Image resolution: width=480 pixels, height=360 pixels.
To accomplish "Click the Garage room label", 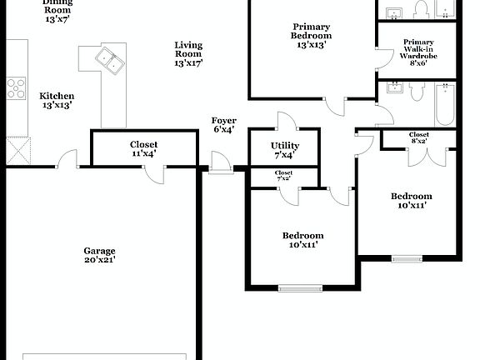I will pyautogui.click(x=99, y=251).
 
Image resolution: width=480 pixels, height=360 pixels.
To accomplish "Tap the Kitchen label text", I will pyautogui.click(x=57, y=97).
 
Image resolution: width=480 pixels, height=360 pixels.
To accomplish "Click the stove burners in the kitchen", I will pyautogui.click(x=16, y=87).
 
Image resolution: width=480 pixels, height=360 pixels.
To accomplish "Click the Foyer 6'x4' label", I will pyautogui.click(x=223, y=125).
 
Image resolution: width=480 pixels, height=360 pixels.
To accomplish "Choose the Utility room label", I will pyautogui.click(x=284, y=146).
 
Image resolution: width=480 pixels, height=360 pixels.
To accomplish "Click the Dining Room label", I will pyautogui.click(x=57, y=7).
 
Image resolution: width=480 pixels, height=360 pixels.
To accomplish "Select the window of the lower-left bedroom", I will pyautogui.click(x=299, y=288).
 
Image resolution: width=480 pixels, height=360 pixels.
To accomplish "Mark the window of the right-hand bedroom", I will pyautogui.click(x=407, y=257).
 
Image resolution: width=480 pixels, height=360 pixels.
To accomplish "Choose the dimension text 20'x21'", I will pyautogui.click(x=99, y=260).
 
